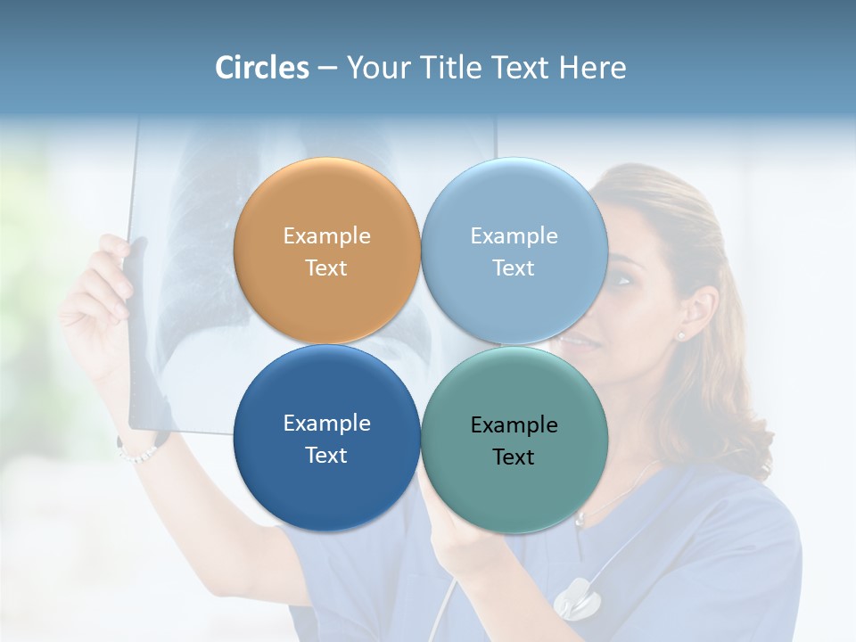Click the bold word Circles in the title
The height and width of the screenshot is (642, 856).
[261, 68]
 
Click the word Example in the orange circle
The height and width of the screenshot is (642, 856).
[326, 236]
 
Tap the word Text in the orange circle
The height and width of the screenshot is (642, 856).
[326, 268]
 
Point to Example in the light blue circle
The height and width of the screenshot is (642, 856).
[514, 236]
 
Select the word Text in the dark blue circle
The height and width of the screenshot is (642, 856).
[326, 456]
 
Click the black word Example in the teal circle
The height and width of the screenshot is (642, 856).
[514, 425]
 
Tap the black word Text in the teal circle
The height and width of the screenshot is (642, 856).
[514, 457]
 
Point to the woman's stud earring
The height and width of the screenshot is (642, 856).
[682, 336]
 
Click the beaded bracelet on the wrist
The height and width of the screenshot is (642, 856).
[137, 452]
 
